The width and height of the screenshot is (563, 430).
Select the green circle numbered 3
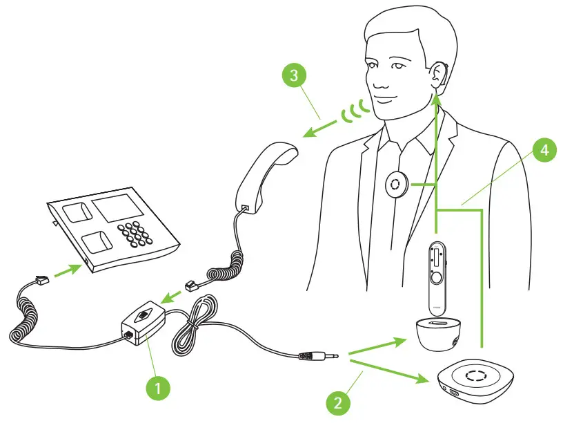coord(295,75)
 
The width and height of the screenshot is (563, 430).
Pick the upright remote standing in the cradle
coord(435,272)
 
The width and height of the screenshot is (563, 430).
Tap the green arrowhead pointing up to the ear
coord(436,100)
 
